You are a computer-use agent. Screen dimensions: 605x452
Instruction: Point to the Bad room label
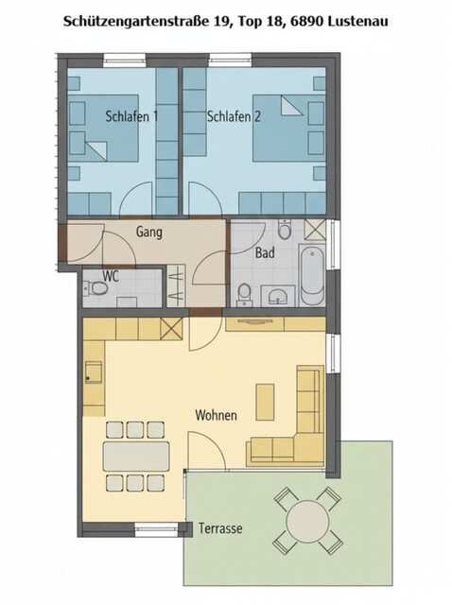(265, 252)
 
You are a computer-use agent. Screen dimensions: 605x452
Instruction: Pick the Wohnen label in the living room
(216, 415)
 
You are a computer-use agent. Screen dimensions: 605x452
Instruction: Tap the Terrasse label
(220, 528)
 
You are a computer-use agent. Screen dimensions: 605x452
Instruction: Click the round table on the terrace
(305, 520)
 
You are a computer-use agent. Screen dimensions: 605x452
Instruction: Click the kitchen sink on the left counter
(94, 372)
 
